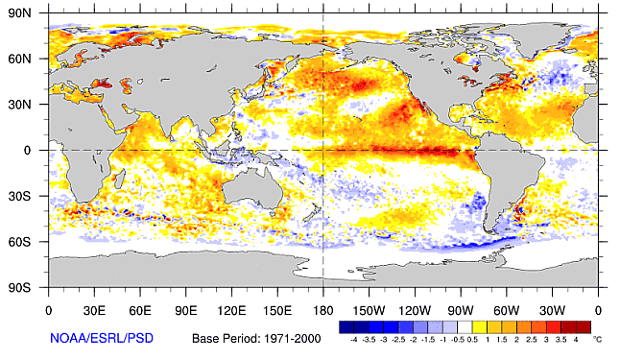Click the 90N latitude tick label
(x=21, y=13)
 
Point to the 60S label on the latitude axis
(x=21, y=241)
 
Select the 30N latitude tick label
(x=21, y=105)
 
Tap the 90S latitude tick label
(x=21, y=287)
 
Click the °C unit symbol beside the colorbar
(x=596, y=340)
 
